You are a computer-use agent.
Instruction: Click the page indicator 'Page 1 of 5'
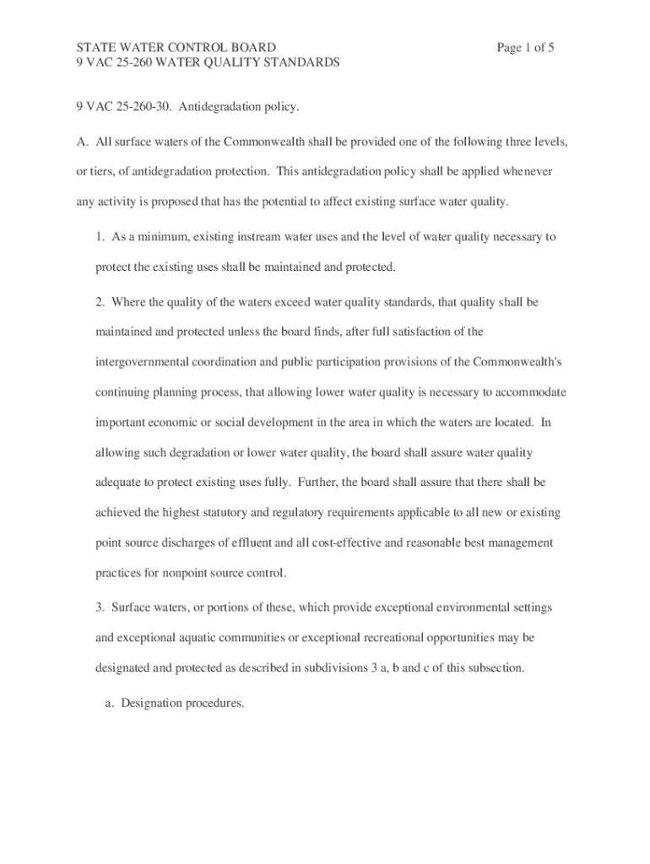525,48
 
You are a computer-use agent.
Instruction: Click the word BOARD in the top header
250,48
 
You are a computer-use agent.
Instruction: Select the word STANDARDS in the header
297,62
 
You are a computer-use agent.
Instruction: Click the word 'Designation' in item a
152,701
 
